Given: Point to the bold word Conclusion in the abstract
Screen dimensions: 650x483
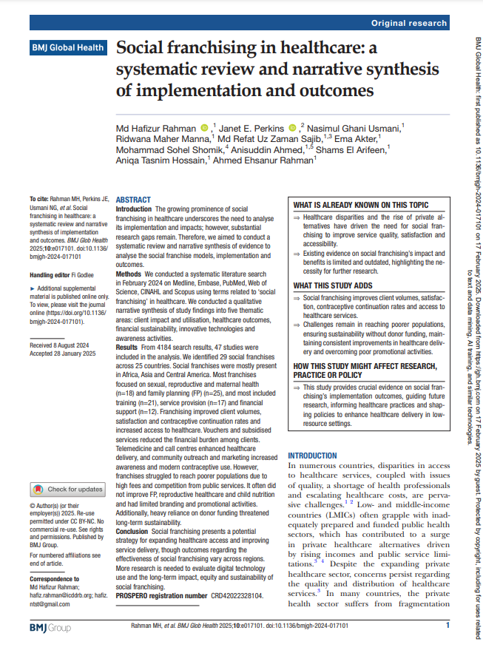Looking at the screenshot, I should (x=132, y=552).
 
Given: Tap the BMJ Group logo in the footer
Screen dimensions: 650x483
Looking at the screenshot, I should (x=50, y=627).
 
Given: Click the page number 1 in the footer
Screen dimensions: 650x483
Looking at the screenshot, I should (x=448, y=626).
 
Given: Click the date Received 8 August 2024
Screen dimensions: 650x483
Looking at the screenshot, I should (x=59, y=345).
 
